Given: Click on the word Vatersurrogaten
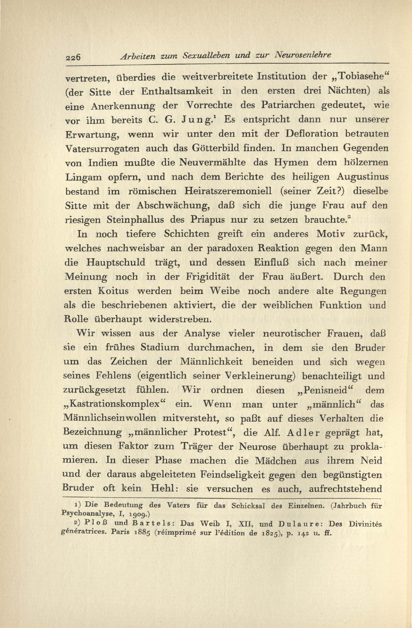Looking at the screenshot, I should (x=103, y=148).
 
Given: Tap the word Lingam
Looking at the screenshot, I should (x=83, y=177).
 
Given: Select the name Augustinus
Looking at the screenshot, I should (x=362, y=177).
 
